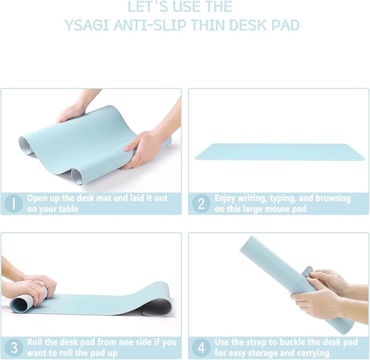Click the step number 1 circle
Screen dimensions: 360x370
pyautogui.click(x=13, y=204)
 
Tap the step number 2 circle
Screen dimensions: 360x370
pyautogui.click(x=201, y=204)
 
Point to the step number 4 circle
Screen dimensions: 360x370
pyautogui.click(x=201, y=347)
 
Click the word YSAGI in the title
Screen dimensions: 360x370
pyautogui.click(x=83, y=25)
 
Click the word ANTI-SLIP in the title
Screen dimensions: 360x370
pyautogui.click(x=144, y=25)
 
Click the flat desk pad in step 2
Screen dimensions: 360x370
pyautogui.click(x=280, y=151)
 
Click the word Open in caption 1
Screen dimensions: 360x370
pyautogui.click(x=37, y=198)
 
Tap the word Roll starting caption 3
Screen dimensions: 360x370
pyautogui.click(x=35, y=342)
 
